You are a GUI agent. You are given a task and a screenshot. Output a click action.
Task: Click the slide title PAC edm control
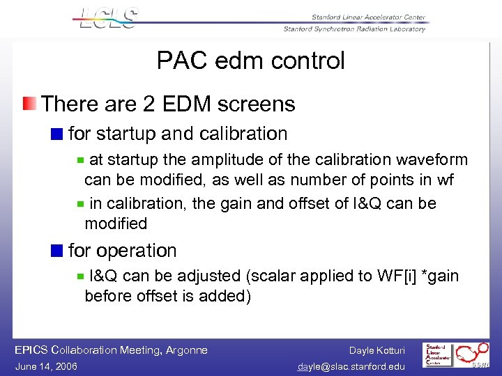250,61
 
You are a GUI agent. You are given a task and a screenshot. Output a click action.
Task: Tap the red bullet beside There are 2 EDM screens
29,104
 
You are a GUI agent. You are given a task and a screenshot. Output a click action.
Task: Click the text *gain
436,276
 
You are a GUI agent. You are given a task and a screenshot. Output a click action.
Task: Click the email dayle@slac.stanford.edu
351,366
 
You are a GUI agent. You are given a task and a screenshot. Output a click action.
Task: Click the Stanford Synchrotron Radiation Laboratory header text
354,29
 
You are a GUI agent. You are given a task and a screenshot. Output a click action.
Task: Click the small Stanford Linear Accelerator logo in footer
439,356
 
